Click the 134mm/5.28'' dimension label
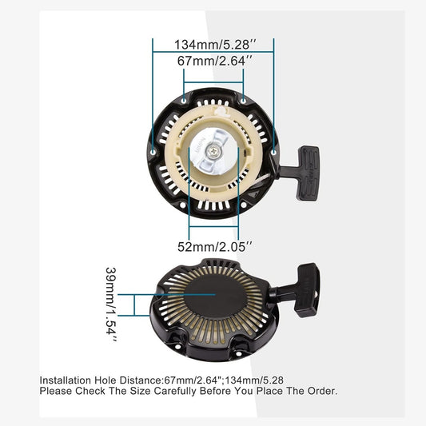pyautogui.click(x=213, y=44)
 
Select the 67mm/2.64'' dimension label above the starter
pyautogui.click(x=213, y=60)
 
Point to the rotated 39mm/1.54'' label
pyautogui.click(x=113, y=306)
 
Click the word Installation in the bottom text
pyautogui.click(x=66, y=380)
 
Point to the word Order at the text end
pyautogui.click(x=321, y=391)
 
